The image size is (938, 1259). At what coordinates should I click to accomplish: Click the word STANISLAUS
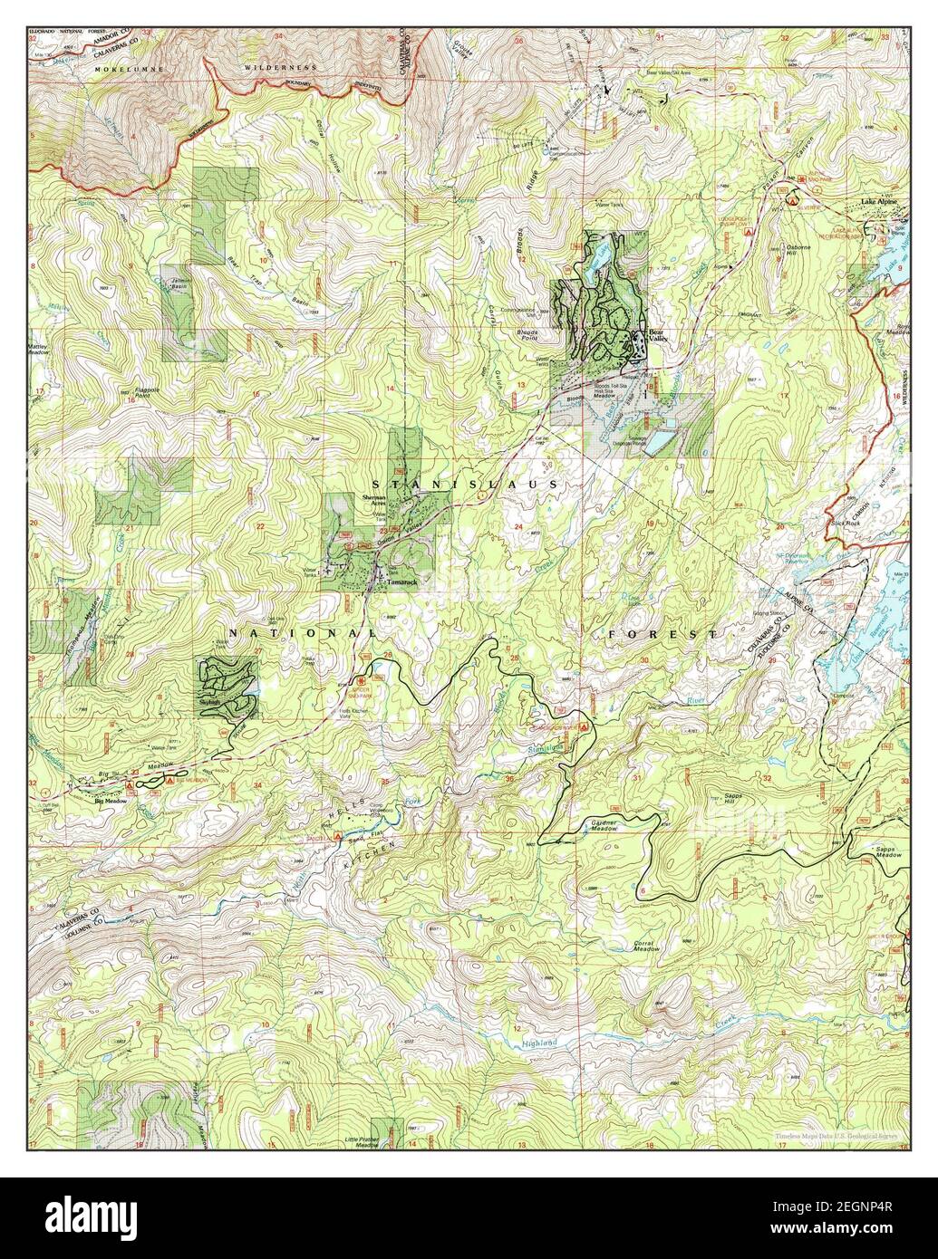(467, 485)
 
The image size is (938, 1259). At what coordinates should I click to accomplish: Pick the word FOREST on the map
(662, 634)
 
